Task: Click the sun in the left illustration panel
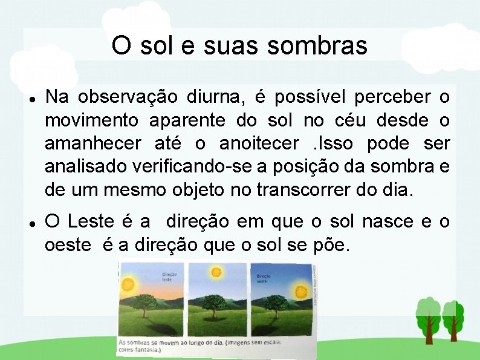pyautogui.click(x=128, y=284)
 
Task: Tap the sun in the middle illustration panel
pyautogui.click(x=215, y=272)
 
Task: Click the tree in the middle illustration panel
pyautogui.click(x=216, y=304)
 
